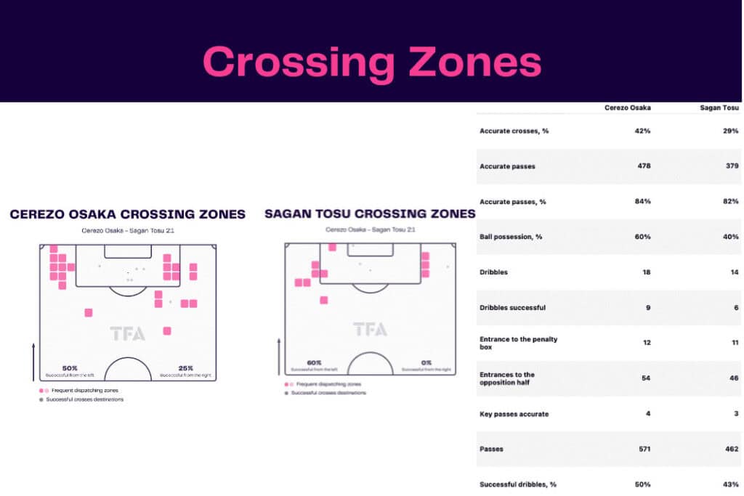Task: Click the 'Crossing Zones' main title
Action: pos(371,62)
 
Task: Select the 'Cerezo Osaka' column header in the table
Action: pos(628,107)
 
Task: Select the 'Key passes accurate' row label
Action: pos(514,414)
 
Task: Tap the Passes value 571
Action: pos(642,449)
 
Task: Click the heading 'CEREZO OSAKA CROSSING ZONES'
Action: pos(127,214)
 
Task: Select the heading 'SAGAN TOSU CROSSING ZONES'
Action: pos(370,214)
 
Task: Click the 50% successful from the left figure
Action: pos(70,367)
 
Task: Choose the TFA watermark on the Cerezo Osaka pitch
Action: pos(128,334)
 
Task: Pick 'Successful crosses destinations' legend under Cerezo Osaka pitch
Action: pos(84,399)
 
